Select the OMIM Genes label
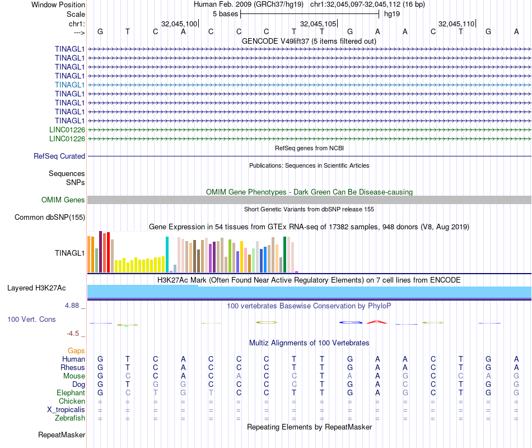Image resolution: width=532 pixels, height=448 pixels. point(63,200)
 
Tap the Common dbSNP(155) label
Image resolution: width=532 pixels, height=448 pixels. point(50,218)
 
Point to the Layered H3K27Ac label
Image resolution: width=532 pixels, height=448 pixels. point(36,288)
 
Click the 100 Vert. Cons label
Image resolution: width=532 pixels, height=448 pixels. point(31,319)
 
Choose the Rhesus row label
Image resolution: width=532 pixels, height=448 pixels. point(73,367)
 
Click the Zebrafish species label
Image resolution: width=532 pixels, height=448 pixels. point(70,418)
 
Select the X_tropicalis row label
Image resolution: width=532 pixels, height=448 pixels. point(66,409)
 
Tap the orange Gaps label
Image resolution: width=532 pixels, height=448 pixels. point(76,350)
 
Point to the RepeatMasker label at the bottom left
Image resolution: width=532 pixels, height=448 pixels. point(62,435)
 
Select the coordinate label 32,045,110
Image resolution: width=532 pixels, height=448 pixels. point(456,24)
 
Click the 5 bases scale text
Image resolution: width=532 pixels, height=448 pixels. point(225,13)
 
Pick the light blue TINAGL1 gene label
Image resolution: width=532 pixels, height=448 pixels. point(70,85)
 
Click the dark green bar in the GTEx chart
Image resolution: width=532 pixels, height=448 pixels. point(285,255)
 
